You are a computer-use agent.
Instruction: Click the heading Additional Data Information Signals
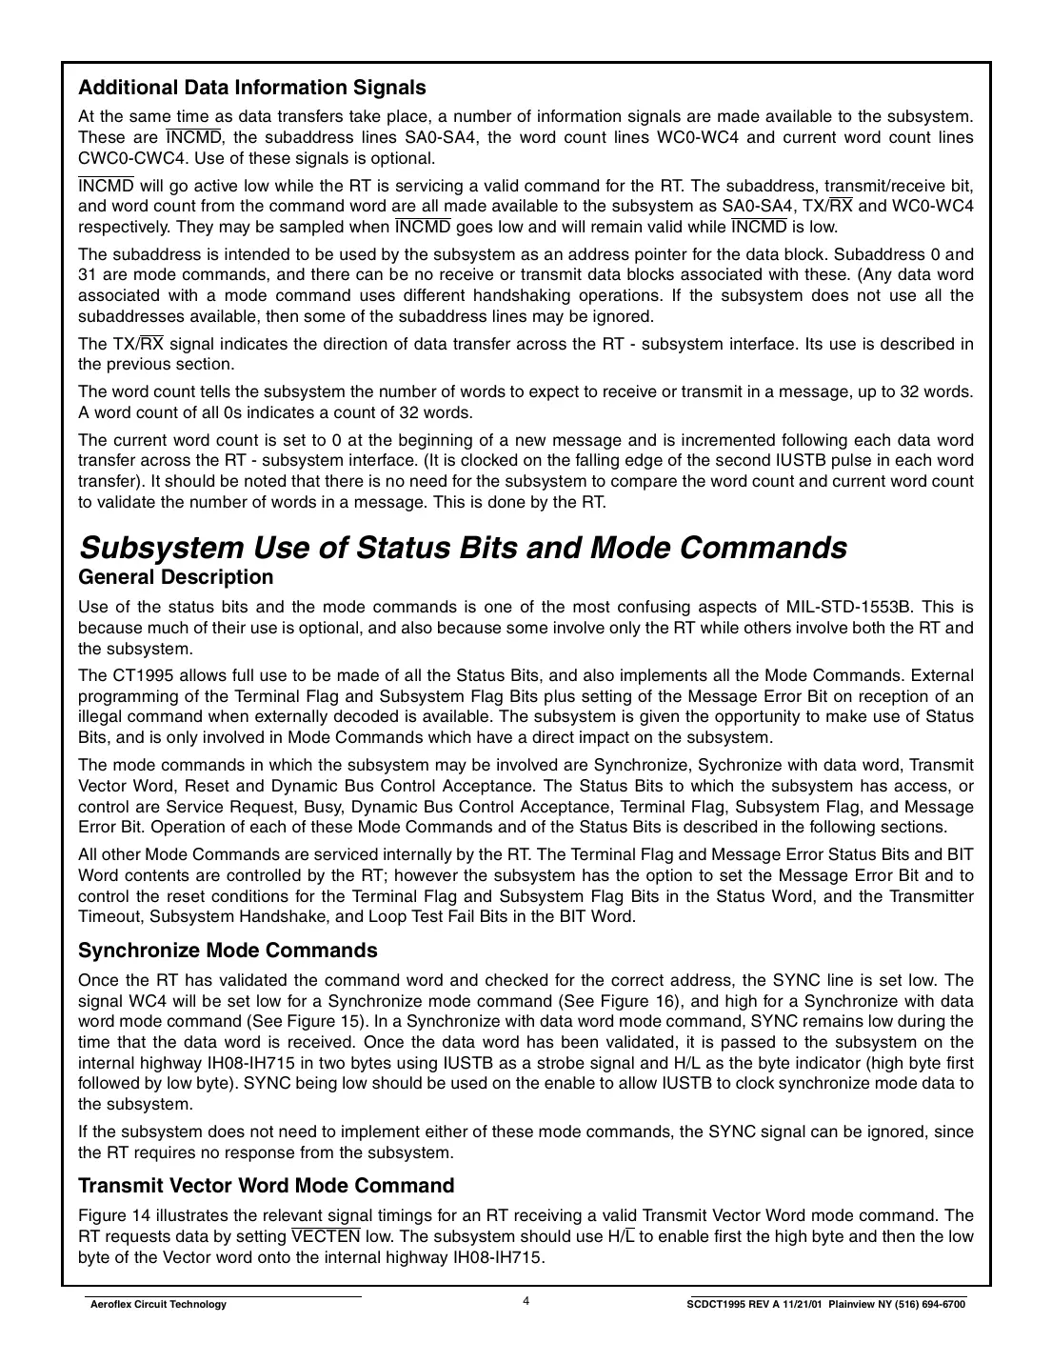click(x=251, y=88)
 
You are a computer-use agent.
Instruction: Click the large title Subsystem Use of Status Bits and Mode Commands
click(x=462, y=548)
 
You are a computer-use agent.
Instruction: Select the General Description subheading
click(x=175, y=577)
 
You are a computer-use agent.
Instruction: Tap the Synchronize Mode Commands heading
click(x=228, y=951)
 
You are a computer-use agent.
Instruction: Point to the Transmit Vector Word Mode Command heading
click(x=266, y=1186)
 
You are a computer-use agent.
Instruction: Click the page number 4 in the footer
click(x=526, y=1302)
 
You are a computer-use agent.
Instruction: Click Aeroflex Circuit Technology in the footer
click(x=157, y=1305)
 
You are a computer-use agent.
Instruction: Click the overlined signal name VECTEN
click(x=326, y=1236)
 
